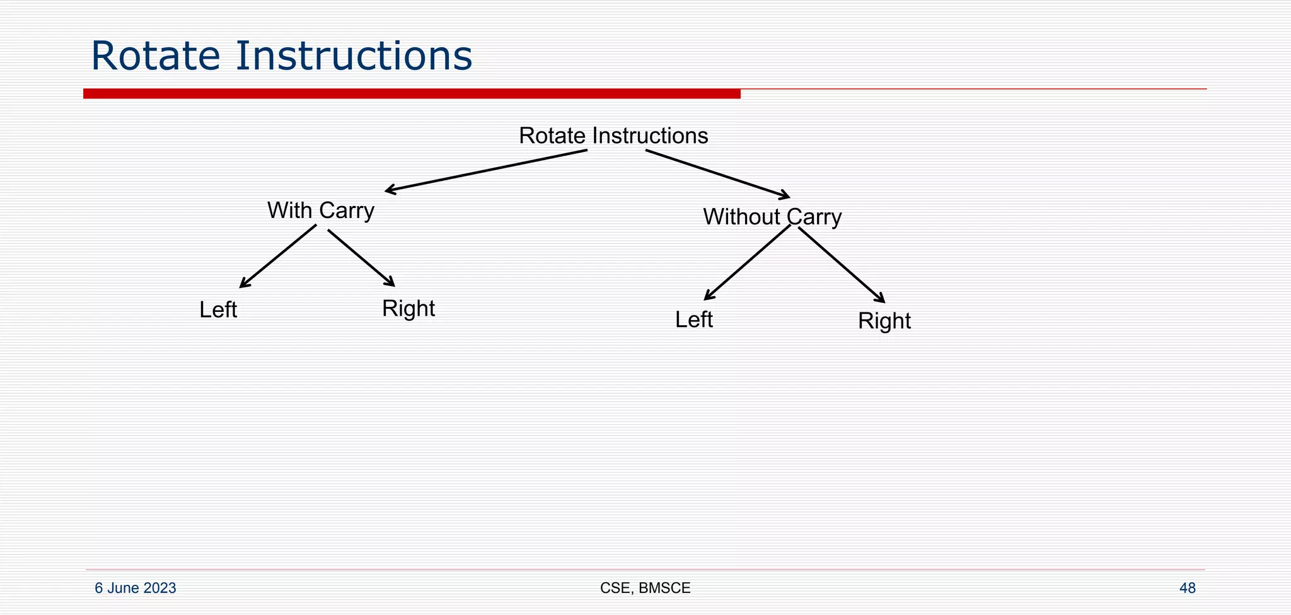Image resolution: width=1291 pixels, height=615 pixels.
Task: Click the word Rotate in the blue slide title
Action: pyautogui.click(x=156, y=55)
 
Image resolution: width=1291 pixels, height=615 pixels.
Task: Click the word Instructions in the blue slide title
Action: pyautogui.click(x=354, y=55)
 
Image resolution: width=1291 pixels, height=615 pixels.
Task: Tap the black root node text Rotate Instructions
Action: pyautogui.click(x=613, y=135)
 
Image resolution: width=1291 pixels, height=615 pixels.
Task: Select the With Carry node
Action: pyautogui.click(x=320, y=210)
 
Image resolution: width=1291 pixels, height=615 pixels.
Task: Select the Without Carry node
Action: pyautogui.click(x=772, y=217)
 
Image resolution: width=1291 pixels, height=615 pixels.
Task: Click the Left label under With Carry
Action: pyautogui.click(x=218, y=310)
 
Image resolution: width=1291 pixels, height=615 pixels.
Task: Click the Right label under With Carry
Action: pyautogui.click(x=408, y=309)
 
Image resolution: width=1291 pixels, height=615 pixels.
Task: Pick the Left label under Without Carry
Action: pyautogui.click(x=693, y=320)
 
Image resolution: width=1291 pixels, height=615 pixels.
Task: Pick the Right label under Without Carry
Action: pyautogui.click(x=884, y=321)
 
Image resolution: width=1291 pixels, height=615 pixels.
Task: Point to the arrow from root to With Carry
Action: pyautogui.click(x=485, y=170)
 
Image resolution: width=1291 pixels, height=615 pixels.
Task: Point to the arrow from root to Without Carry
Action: pyautogui.click(x=717, y=174)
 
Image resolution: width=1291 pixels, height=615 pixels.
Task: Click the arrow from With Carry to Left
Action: pyautogui.click(x=278, y=256)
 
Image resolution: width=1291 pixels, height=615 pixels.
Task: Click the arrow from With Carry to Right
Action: pyautogui.click(x=361, y=258)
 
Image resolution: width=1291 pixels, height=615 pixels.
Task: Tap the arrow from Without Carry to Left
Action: pyautogui.click(x=747, y=263)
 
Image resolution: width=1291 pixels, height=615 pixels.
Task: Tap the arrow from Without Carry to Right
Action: pyautogui.click(x=842, y=265)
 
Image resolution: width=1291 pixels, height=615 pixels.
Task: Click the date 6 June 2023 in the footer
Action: pyautogui.click(x=135, y=589)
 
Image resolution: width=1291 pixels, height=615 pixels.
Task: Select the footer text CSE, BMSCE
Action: pyautogui.click(x=645, y=589)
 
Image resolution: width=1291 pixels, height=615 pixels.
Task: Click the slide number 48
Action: pyautogui.click(x=1187, y=589)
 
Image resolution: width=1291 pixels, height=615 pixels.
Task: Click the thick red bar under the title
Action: pyautogui.click(x=412, y=94)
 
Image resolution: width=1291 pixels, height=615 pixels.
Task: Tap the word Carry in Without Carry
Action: pyautogui.click(x=814, y=217)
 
